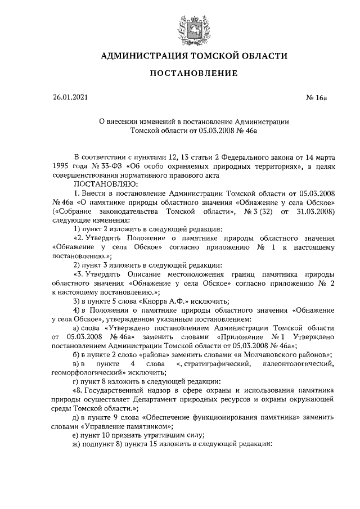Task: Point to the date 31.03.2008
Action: pos(317,211)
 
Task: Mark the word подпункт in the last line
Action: pos(102,445)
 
